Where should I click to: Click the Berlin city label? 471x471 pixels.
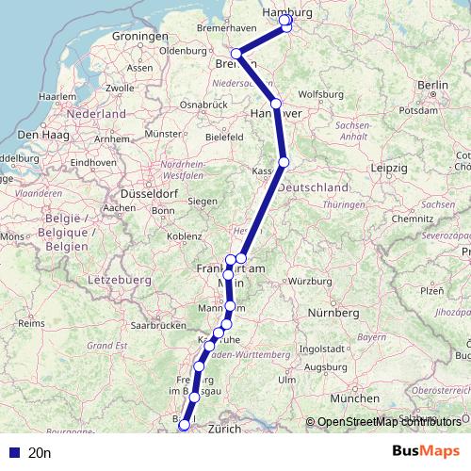click(432, 85)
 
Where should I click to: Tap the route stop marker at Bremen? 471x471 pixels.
click(236, 54)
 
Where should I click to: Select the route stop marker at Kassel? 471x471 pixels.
click(284, 162)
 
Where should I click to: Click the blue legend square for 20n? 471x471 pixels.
click(13, 452)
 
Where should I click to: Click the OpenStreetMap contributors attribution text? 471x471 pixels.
click(389, 421)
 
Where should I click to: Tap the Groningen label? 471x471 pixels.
click(138, 36)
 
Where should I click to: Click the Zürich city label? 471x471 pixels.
click(225, 429)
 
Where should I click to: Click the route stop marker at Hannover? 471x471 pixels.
click(275, 104)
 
